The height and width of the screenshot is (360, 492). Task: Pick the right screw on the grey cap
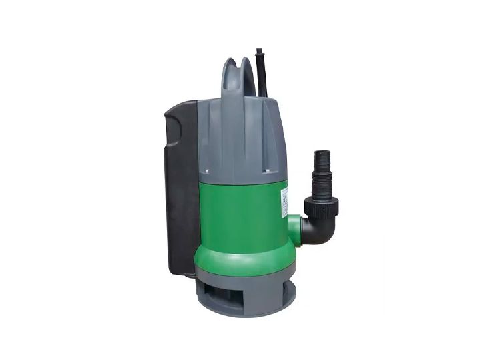266,170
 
